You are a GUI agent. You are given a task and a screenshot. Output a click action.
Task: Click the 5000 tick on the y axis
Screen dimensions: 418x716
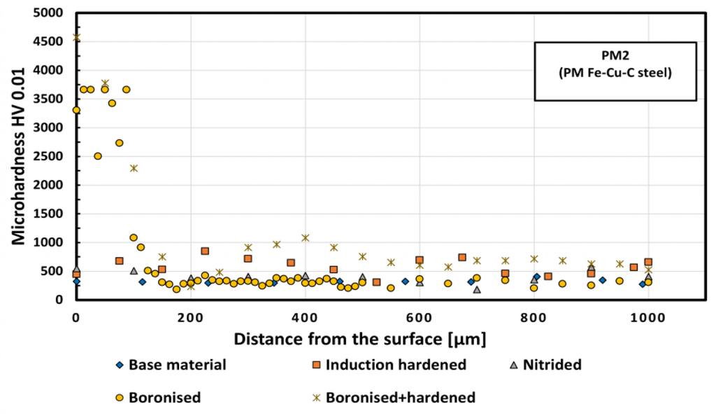tap(50, 13)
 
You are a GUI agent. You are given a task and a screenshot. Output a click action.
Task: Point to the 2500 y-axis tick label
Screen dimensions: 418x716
tap(50, 157)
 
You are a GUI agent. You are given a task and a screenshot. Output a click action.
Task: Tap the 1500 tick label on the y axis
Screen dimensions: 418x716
tap(50, 214)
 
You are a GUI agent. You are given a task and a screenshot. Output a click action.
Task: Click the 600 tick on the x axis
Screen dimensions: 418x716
tap(420, 316)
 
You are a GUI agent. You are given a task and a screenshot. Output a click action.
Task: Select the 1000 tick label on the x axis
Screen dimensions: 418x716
tap(648, 316)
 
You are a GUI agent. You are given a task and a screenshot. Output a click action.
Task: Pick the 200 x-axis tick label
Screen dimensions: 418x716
tap(190, 316)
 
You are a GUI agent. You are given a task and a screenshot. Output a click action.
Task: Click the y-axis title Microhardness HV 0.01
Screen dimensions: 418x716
tap(19, 156)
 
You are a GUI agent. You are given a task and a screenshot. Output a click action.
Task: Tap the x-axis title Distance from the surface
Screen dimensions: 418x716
tap(360, 340)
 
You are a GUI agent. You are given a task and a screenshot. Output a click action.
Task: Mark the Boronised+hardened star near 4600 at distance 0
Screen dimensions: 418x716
tap(76, 36)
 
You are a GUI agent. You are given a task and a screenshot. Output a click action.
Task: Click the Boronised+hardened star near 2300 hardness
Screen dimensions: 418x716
tap(134, 168)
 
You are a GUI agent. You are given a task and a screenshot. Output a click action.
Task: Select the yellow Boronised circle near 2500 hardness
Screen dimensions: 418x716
tap(98, 156)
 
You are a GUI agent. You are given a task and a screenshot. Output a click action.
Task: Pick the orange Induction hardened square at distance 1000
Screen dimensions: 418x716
tap(648, 262)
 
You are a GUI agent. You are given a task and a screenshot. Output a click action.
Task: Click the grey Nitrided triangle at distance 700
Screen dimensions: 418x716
tap(477, 289)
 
